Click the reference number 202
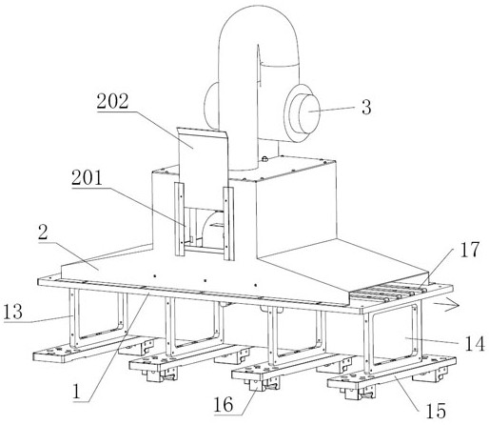pos(113,102)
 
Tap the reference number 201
pos(88,178)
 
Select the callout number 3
pos(366,107)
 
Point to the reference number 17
pos(470,250)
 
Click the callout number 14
pos(475,343)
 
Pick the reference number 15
pos(436,411)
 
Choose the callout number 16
pos(224,405)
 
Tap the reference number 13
pos(13,312)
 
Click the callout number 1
pos(76,392)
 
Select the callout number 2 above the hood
pos(43,233)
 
